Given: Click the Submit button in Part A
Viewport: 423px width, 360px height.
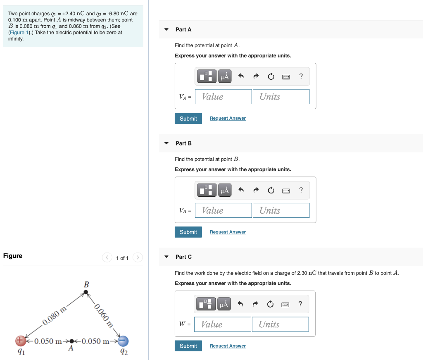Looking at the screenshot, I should point(188,119).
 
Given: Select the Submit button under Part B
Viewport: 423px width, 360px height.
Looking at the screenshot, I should point(188,232).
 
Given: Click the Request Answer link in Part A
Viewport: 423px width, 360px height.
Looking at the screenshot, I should point(228,118).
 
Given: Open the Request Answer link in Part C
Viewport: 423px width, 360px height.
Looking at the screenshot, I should point(228,346).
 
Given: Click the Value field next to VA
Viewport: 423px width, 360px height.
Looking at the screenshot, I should point(223,97).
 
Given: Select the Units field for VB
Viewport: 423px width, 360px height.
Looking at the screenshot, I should point(281,210).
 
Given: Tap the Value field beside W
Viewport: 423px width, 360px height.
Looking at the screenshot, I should point(223,324).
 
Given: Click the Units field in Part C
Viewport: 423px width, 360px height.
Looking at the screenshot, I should point(280,324).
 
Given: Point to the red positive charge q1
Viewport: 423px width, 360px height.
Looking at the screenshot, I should point(20,341).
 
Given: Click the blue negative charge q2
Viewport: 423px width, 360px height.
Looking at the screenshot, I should point(123,341).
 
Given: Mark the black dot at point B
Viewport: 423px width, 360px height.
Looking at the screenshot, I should point(86,292).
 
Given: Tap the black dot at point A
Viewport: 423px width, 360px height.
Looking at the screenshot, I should point(72,341).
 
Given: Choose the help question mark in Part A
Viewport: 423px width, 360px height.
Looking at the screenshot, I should point(301,76).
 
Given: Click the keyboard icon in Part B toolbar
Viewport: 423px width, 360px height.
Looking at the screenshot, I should point(286,191).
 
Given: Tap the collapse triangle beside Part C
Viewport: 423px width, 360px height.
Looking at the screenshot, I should point(166,257).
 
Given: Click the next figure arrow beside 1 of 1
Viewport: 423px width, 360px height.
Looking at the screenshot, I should point(138,258).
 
